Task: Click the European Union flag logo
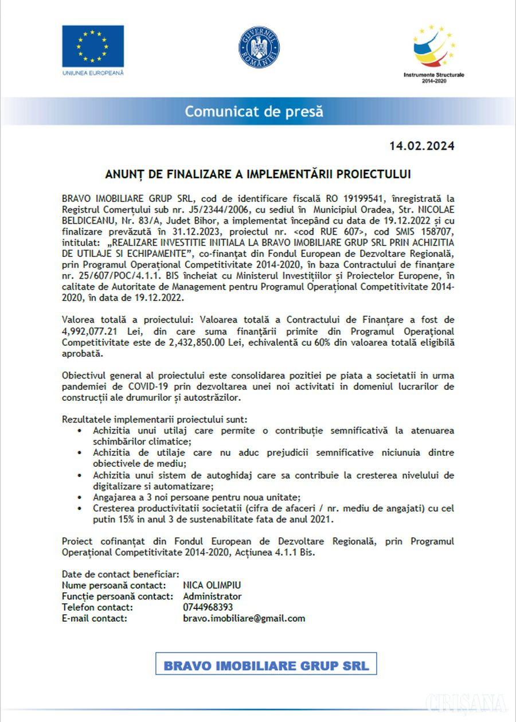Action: (93, 46)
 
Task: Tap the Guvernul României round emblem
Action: (259, 48)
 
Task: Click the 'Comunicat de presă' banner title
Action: (253, 111)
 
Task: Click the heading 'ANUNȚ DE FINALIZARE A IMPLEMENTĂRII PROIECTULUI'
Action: (258, 173)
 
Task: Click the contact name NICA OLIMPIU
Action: (212, 585)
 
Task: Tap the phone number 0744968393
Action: (208, 607)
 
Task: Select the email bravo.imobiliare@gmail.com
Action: (244, 618)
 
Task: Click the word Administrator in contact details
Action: (212, 596)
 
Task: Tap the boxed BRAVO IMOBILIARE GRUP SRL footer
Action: (266, 666)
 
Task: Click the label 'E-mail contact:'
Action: (94, 618)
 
